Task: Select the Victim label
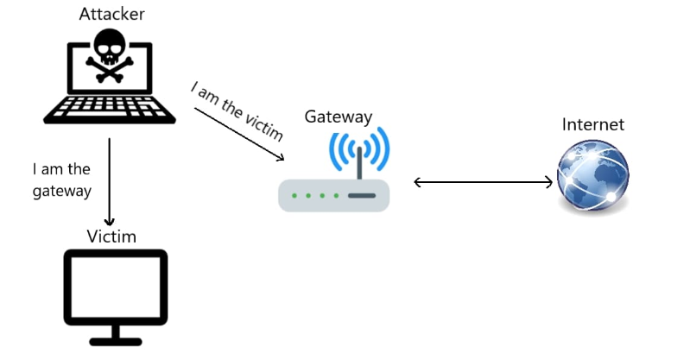[x=111, y=237]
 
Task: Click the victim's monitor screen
[x=116, y=286]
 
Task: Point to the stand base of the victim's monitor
[x=116, y=339]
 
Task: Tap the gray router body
[x=333, y=195]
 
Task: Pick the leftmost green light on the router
[x=295, y=196]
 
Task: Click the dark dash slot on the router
[x=361, y=196]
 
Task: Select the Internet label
[x=592, y=125]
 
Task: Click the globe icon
[x=592, y=178]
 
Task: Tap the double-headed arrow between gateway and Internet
[x=484, y=182]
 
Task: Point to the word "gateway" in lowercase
[x=62, y=191]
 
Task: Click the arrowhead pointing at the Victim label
[x=110, y=220]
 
